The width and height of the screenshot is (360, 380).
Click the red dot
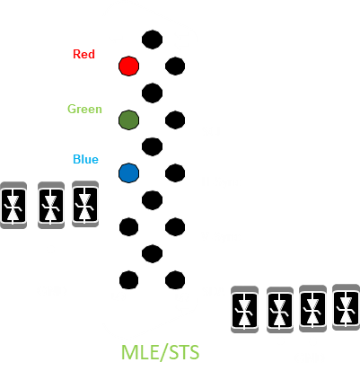(128, 66)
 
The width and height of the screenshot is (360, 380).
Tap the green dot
(128, 120)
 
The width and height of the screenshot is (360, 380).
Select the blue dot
(128, 173)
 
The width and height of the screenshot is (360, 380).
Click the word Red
(83, 54)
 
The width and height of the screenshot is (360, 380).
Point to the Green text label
(84, 109)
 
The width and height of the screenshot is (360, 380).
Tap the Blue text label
(85, 159)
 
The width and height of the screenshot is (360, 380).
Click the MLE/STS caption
(160, 352)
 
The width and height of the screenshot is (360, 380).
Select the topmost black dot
(152, 40)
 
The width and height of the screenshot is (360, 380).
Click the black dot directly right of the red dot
(175, 66)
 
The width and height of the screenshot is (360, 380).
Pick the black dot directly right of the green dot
(175, 120)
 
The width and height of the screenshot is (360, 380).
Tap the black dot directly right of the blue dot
(175, 173)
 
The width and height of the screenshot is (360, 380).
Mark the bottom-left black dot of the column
(128, 280)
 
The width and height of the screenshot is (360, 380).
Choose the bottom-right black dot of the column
(175, 280)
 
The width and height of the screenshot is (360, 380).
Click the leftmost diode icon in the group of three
(13, 206)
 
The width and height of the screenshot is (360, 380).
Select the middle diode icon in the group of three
(51, 206)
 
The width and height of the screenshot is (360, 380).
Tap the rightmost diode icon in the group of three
(85, 204)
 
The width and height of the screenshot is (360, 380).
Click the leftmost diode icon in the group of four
(244, 309)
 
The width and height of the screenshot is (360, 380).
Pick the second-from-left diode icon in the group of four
(280, 310)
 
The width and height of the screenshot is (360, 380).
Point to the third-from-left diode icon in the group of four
(312, 308)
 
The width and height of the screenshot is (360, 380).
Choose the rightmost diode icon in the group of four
(347, 307)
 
